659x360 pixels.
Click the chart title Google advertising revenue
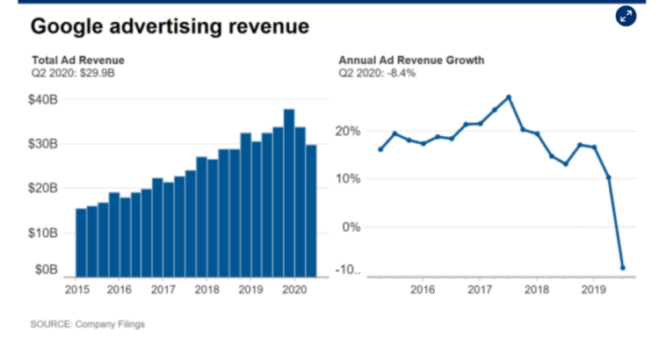170,26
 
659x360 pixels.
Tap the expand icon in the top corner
626,16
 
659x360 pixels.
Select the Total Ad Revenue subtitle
77,61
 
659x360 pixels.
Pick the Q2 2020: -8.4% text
378,73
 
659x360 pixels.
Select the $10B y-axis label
45,233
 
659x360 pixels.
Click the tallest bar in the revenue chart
289,193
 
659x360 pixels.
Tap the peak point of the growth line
509,97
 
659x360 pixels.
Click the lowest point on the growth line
623,267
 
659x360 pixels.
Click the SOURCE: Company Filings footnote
88,324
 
